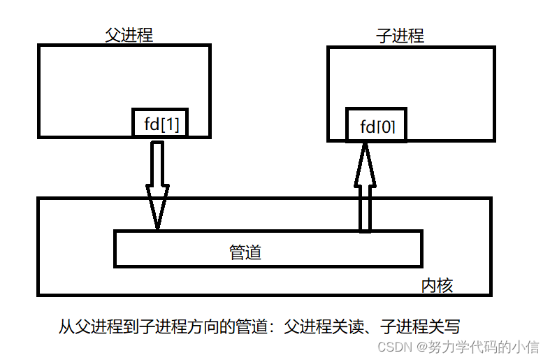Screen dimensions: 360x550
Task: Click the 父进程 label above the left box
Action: coord(129,36)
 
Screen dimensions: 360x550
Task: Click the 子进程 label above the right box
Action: coord(400,36)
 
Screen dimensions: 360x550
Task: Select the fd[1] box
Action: coord(161,123)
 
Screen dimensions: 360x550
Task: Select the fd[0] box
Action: coord(377,127)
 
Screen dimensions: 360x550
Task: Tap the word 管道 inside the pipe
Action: coord(245,252)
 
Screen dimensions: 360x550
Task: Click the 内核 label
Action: coord(437,285)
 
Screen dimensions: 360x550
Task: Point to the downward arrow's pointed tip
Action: coord(157,227)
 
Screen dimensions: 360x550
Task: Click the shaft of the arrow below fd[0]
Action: coord(365,210)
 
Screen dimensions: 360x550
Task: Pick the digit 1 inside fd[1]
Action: coord(173,124)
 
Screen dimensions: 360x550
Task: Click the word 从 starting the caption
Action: coord(66,326)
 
